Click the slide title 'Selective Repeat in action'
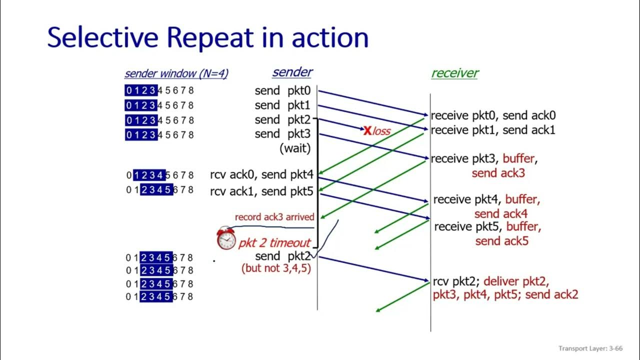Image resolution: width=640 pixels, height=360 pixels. pos(207,37)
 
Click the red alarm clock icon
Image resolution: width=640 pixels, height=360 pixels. pos(226,238)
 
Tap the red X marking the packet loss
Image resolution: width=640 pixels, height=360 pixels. pos(367,131)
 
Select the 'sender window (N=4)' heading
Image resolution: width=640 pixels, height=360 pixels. pos(176,73)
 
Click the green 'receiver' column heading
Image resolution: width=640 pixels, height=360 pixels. pos(454,73)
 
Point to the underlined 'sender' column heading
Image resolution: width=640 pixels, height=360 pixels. pos(292,72)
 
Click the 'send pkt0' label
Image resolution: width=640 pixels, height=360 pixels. pos(282,91)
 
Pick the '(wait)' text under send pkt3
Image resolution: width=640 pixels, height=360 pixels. pos(294,148)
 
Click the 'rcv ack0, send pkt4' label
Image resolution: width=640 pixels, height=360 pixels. pos(261,175)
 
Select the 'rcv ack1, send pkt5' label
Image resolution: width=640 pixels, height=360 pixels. pos(261,191)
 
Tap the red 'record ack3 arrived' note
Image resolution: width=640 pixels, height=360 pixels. pos(274,217)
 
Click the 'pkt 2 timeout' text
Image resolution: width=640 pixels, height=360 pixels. pos(274,243)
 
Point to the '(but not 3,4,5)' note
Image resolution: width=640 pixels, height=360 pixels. pos(276,268)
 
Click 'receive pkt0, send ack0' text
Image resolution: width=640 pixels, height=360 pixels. pos(493,115)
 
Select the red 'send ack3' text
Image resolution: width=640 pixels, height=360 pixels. pos(498,173)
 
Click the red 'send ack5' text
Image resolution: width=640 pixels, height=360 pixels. pos(502,241)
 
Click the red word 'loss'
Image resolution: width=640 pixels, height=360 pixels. pos(381,131)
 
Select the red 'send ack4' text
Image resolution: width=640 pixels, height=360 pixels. pos(501,214)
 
